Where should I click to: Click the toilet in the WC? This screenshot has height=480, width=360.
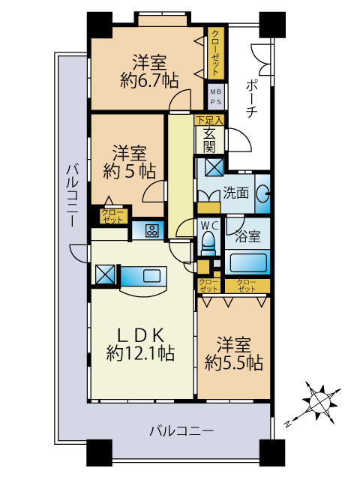click(208, 243)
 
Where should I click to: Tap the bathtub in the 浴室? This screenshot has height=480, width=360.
click(247, 262)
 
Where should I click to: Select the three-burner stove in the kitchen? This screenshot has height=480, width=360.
click(151, 230)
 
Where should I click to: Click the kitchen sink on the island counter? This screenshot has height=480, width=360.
click(151, 275)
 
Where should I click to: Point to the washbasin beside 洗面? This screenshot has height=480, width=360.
click(262, 193)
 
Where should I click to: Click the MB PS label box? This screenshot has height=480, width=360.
click(216, 97)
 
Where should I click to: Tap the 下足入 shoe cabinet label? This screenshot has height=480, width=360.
click(210, 120)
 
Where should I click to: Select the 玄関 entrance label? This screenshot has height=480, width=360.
click(210, 141)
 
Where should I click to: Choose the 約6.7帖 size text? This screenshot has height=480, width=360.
click(149, 81)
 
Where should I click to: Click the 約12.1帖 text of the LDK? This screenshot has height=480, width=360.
click(140, 353)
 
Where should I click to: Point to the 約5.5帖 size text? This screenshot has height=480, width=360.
click(233, 363)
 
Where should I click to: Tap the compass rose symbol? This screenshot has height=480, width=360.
click(320, 403)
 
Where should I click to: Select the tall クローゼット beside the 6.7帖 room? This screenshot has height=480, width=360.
click(216, 52)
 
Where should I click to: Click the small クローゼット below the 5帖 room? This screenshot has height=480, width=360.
click(112, 216)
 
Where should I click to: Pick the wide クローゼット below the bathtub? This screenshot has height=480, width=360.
click(247, 286)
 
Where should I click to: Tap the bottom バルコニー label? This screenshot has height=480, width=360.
click(181, 431)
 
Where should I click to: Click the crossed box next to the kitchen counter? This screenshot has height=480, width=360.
click(105, 274)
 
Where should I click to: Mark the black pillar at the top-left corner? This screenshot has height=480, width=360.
click(100, 25)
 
